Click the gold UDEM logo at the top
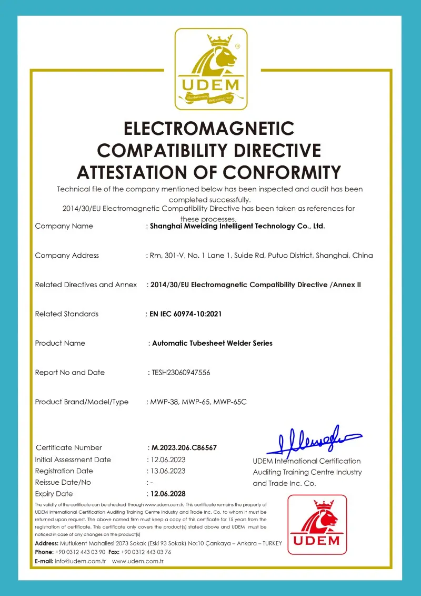(x=210, y=69)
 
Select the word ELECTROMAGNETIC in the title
(x=209, y=129)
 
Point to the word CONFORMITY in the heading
(x=282, y=172)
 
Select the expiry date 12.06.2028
(x=168, y=494)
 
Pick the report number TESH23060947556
(x=181, y=373)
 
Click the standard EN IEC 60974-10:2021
(x=185, y=314)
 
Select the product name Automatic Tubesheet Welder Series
(x=212, y=343)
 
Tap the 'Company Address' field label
(x=67, y=256)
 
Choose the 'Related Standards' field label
(x=67, y=314)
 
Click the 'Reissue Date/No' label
(x=63, y=482)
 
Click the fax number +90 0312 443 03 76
(x=146, y=552)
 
